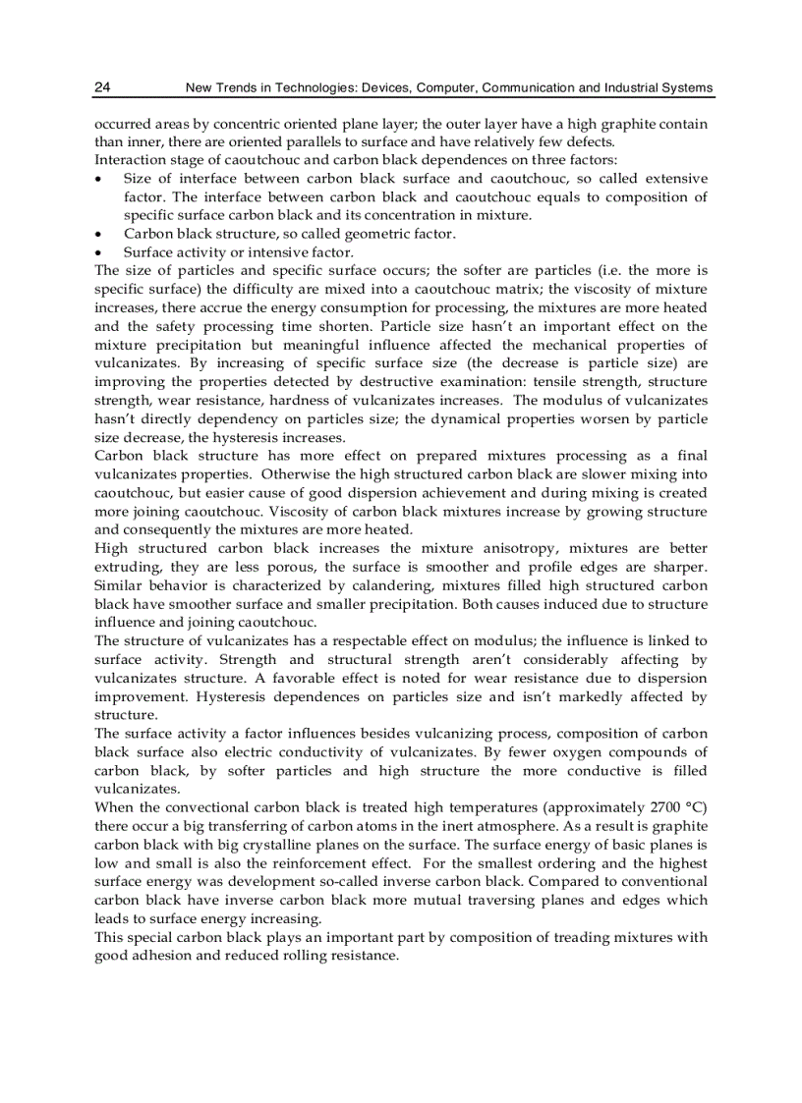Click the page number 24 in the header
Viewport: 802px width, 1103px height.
click(x=102, y=88)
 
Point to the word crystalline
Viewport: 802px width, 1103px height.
click(x=307, y=844)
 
